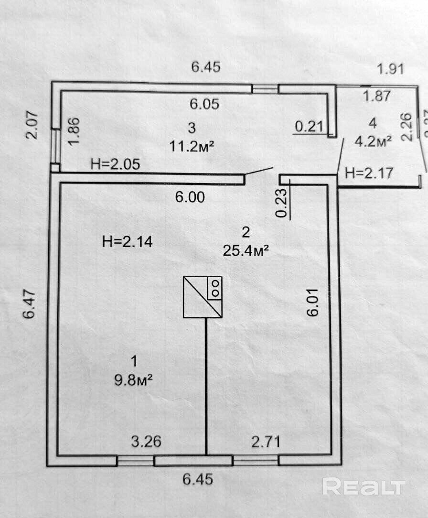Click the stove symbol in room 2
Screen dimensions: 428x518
pyautogui.click(x=203, y=297)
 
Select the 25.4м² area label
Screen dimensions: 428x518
pyautogui.click(x=246, y=250)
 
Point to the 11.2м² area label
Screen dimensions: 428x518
pyautogui.click(x=191, y=146)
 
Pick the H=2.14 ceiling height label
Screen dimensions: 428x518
pyautogui.click(x=128, y=242)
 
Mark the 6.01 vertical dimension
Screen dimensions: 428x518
pyautogui.click(x=313, y=304)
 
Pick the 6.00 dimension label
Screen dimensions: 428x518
pyautogui.click(x=190, y=197)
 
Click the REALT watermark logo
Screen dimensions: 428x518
pyautogui.click(x=364, y=486)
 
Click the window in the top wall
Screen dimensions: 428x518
pyautogui.click(x=265, y=88)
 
